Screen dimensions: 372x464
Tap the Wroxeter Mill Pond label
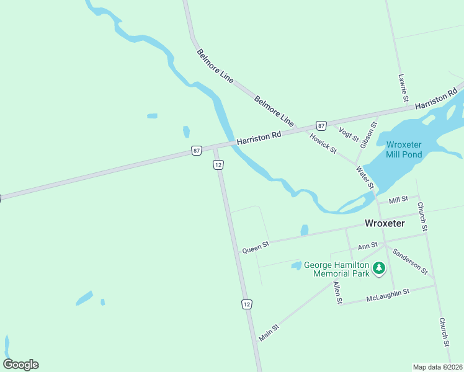click(404, 149)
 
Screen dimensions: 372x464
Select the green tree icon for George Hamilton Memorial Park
click(379, 269)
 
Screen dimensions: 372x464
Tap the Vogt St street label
click(348, 133)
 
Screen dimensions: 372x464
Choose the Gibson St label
click(372, 133)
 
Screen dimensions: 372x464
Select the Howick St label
click(323, 144)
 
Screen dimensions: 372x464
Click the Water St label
click(365, 178)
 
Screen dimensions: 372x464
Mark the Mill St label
click(398, 200)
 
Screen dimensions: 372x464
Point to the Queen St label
click(256, 247)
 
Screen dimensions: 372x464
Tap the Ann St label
click(368, 246)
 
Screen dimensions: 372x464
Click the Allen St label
click(337, 293)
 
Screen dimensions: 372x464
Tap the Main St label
click(269, 332)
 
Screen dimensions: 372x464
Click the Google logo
click(20, 365)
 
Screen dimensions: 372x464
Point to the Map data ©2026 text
click(437, 366)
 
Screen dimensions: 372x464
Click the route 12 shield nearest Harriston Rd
click(218, 165)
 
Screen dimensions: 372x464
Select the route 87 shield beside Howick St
click(321, 125)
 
